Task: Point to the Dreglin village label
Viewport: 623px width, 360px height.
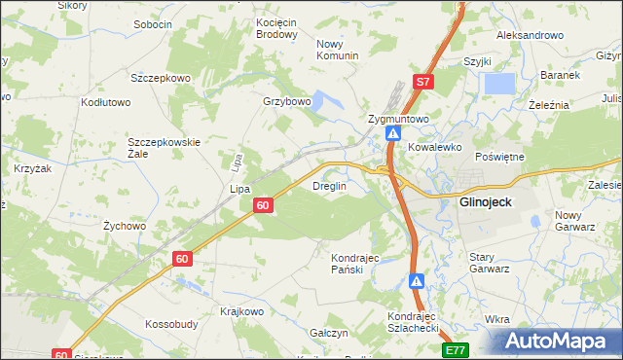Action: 329,186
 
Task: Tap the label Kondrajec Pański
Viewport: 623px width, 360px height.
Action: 354,264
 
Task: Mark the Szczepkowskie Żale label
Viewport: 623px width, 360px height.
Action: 164,148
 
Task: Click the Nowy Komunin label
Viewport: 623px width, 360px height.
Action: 338,50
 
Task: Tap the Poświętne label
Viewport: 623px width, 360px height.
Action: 500,157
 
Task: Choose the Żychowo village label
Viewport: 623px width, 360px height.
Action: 125,226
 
